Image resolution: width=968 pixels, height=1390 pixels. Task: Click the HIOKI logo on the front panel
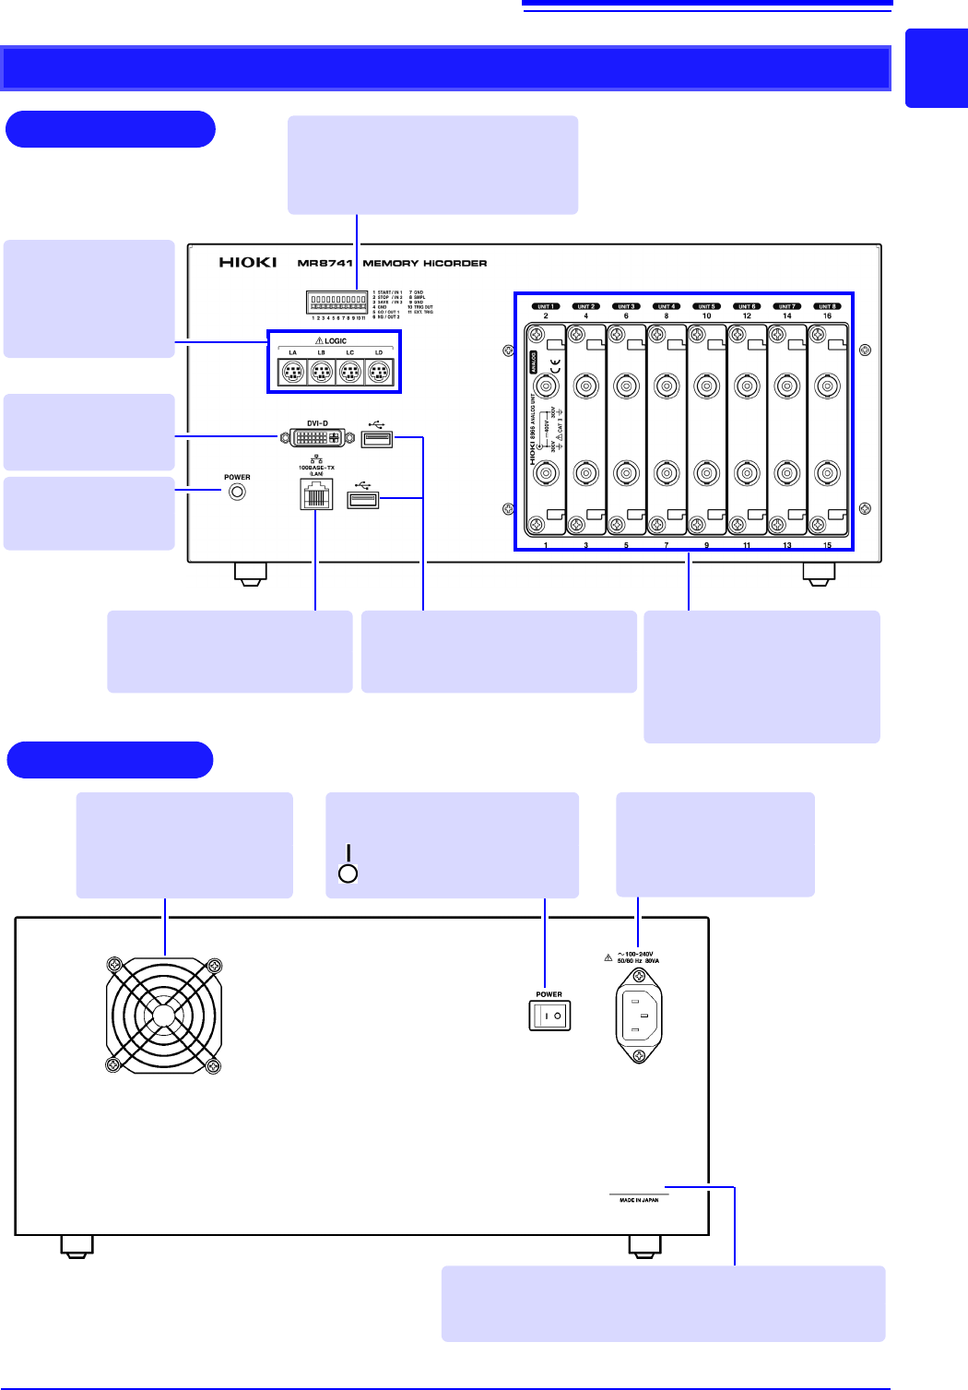(248, 263)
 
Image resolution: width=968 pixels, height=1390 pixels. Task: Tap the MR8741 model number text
(325, 263)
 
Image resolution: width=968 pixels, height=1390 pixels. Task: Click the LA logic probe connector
(292, 372)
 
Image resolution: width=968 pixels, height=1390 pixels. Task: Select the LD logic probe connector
(379, 372)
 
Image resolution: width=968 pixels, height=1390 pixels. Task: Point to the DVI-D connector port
(317, 437)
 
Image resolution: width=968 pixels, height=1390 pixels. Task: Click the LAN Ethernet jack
(316, 496)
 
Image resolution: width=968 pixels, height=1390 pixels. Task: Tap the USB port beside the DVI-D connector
(377, 438)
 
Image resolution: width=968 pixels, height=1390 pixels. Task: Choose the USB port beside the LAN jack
(363, 500)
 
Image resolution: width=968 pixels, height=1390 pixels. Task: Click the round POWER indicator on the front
(237, 492)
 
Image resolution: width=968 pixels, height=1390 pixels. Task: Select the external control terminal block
(336, 303)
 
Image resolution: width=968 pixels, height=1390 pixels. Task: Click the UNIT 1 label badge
(546, 306)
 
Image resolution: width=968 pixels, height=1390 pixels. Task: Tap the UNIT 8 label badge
(827, 306)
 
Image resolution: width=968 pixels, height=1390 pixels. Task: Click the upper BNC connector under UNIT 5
(707, 386)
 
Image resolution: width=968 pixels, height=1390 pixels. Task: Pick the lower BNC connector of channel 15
(827, 473)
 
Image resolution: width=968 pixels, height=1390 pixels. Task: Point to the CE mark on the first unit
(555, 366)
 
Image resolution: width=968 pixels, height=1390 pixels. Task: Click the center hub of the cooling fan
(163, 1016)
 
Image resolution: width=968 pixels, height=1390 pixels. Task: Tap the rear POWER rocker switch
(549, 1016)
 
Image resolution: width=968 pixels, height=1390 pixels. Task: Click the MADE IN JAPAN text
(639, 1200)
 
